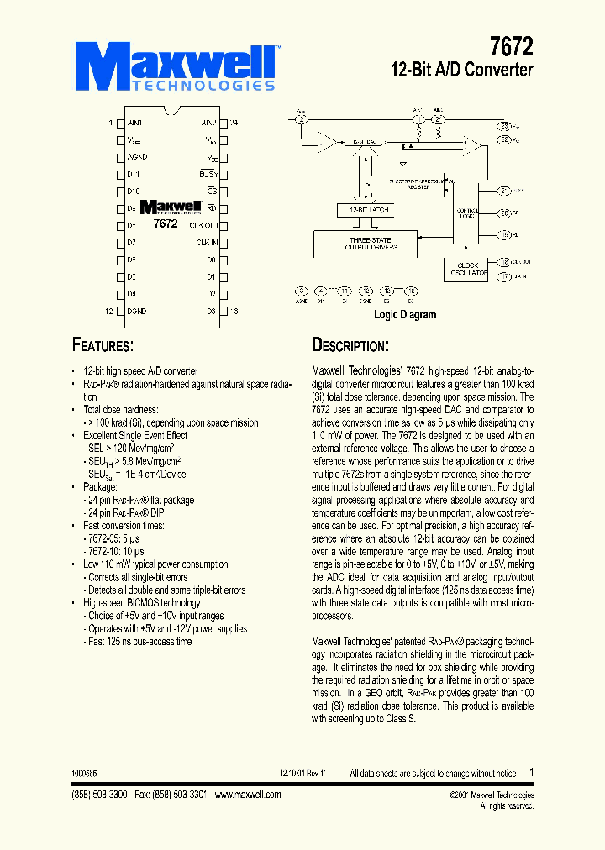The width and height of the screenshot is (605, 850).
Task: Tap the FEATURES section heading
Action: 103,345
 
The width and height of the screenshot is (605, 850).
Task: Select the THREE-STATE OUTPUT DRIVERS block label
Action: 370,244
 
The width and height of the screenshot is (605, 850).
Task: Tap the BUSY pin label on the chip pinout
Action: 208,174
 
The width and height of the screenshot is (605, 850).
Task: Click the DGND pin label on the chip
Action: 137,312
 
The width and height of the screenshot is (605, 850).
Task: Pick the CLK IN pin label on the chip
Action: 207,243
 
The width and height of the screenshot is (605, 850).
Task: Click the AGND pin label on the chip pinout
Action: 137,157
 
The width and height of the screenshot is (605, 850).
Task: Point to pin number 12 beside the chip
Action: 108,312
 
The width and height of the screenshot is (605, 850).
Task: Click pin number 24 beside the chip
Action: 234,123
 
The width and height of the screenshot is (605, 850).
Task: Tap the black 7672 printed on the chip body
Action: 166,224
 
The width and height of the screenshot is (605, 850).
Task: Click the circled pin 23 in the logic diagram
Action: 504,125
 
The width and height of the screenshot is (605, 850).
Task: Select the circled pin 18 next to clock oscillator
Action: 504,261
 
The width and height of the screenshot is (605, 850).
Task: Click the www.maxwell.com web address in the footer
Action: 249,795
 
